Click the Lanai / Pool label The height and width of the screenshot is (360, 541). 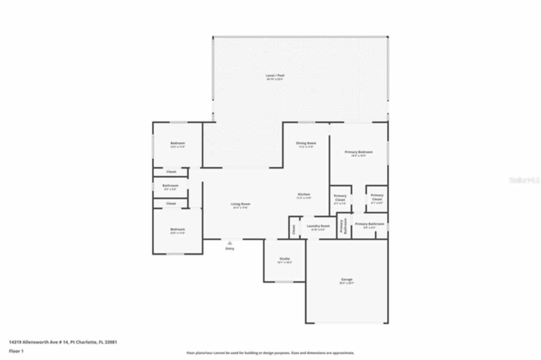(275, 76)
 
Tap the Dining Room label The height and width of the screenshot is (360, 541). (306, 143)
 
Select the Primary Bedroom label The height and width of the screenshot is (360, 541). (358, 152)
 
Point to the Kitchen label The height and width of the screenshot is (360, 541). (304, 194)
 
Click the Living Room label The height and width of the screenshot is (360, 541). (240, 204)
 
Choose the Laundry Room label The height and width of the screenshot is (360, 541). (318, 226)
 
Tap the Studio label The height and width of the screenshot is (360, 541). (284, 259)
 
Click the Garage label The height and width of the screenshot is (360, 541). (347, 279)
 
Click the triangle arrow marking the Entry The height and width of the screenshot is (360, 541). (230, 243)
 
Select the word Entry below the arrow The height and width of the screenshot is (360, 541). (230, 248)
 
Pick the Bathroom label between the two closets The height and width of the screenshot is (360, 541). (170, 185)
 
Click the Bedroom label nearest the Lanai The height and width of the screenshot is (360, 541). (178, 143)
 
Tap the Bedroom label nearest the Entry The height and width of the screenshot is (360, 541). (178, 229)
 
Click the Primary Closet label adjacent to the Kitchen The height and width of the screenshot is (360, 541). (340, 197)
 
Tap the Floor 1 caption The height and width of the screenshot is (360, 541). (16, 351)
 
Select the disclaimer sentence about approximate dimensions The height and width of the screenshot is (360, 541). (270, 353)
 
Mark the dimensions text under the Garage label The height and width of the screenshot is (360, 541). (347, 283)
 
